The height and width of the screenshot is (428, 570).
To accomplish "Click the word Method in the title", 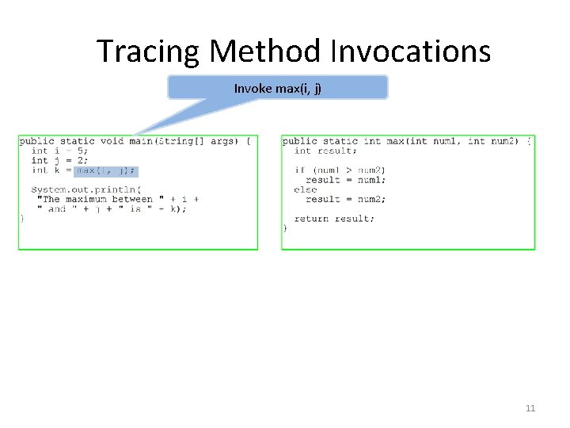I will point(265,52).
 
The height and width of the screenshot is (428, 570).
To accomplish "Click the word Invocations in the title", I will point(409,52).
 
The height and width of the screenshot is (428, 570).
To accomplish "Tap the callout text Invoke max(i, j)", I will point(277,88).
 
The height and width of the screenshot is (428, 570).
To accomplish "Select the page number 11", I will point(530,408).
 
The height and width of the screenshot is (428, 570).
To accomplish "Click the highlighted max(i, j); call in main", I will point(106,170).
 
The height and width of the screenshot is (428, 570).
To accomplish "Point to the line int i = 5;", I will point(59,151).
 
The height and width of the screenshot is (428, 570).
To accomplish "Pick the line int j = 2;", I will point(59,160).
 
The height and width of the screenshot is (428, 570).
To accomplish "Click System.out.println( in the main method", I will point(86,189).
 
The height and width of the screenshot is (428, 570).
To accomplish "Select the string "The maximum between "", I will point(98,199).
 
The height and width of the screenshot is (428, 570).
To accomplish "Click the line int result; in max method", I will point(325,151).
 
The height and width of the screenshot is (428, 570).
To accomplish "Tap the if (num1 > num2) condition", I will point(340,170).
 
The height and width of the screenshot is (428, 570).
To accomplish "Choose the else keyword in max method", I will point(306,189).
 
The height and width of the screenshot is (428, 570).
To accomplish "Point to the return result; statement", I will point(334,219).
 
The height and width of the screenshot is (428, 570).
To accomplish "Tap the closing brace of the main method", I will point(22,219).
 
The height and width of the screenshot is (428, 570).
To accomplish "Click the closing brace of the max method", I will point(285,228).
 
